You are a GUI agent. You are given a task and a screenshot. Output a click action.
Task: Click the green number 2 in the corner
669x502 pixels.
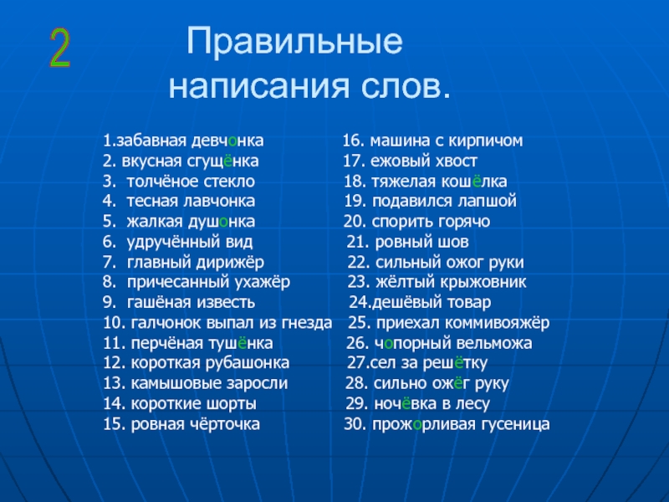tap(59, 48)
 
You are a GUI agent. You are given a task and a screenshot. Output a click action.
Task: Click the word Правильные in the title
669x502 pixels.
tap(294, 41)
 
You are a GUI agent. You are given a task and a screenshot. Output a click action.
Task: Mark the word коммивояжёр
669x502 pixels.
tap(497, 323)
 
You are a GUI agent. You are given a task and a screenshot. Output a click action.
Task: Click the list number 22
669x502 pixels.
tap(359, 262)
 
